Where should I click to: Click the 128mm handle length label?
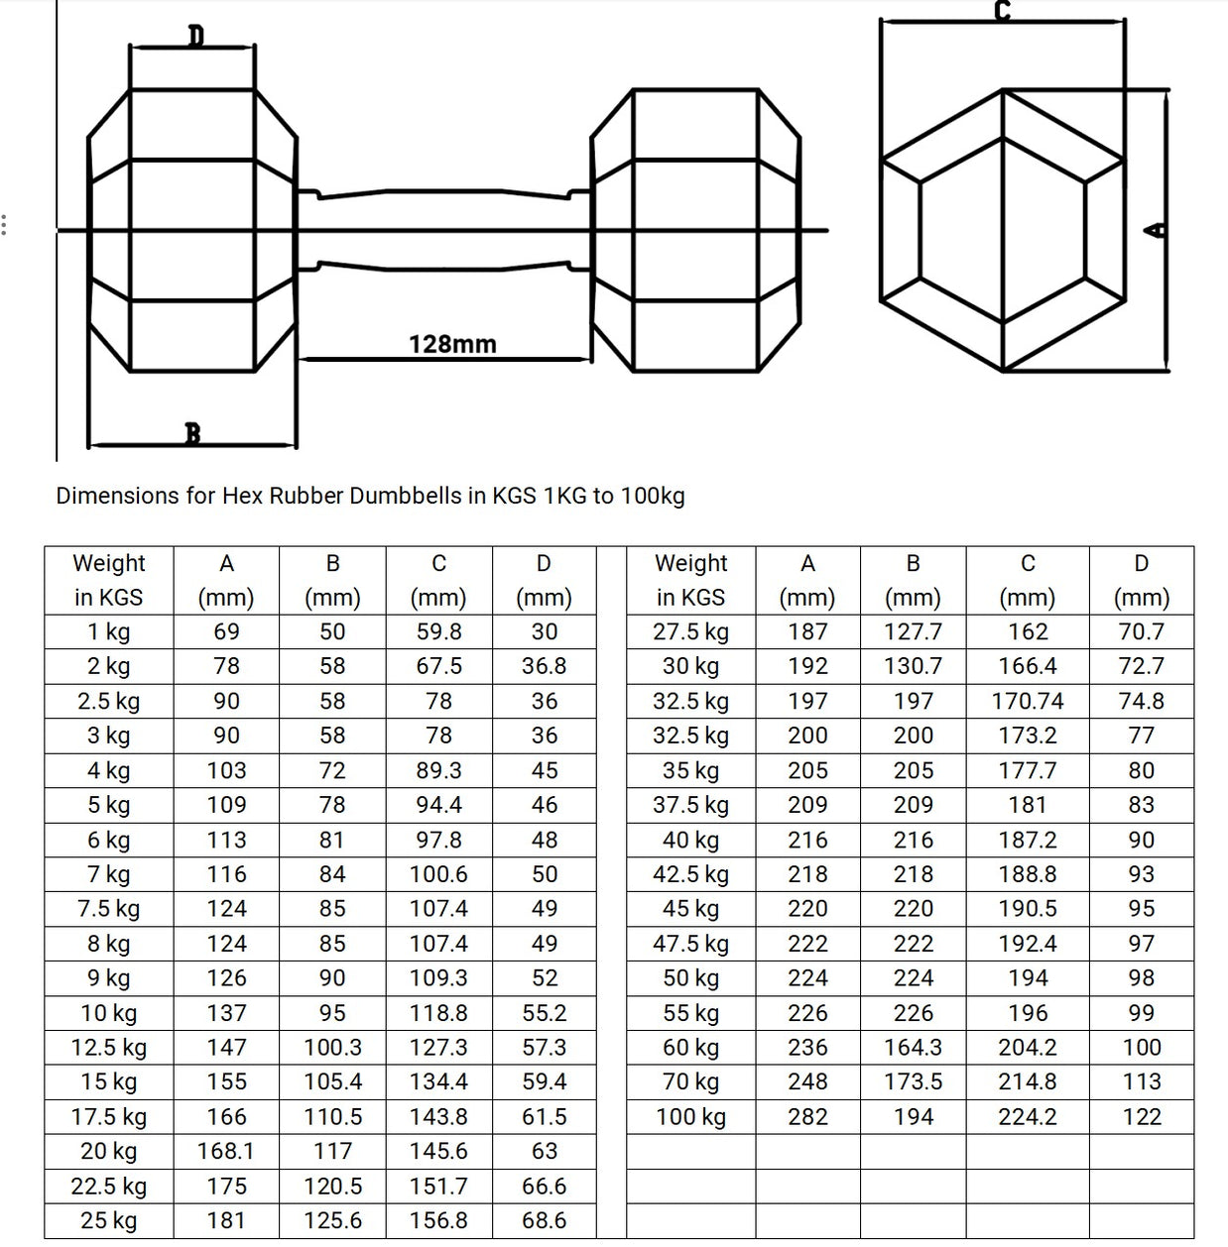pos(452,344)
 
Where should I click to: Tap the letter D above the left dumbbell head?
pos(195,37)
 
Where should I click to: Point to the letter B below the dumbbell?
pos(192,433)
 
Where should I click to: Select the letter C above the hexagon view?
pos(1002,11)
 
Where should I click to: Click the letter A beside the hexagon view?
pos(1156,230)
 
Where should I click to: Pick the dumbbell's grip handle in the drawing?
pos(443,229)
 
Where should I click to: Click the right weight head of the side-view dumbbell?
pos(695,230)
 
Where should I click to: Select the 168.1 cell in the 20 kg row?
pos(226,1151)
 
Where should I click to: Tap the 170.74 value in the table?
pos(1027,701)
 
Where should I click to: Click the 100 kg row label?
pos(690,1117)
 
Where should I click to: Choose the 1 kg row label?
pos(108,631)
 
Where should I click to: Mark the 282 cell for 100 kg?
pos(807,1117)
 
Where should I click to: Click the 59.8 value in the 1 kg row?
pos(438,631)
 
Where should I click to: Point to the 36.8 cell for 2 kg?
pos(544,666)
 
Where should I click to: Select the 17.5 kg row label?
pos(108,1117)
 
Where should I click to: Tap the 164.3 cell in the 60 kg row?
pos(913,1048)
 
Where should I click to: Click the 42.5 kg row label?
pos(690,874)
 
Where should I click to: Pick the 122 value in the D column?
pos(1141,1117)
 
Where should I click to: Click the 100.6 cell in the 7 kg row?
pos(438,874)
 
